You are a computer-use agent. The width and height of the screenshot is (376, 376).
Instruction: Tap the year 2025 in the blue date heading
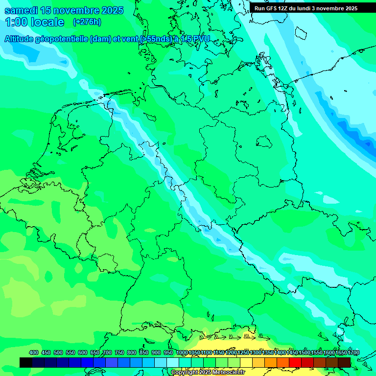(110, 11)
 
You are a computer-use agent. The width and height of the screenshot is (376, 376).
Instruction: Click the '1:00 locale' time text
(35, 22)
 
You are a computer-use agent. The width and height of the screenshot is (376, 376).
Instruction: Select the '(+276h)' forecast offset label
(87, 22)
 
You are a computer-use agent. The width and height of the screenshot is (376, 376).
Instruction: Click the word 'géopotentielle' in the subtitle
(61, 39)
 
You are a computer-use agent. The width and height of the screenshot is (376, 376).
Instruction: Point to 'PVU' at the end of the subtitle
(201, 39)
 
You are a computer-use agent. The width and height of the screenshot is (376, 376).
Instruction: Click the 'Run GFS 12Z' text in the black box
(271, 8)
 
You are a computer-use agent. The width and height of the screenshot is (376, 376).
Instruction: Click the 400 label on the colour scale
(34, 352)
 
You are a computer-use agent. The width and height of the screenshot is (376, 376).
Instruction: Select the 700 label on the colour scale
(107, 352)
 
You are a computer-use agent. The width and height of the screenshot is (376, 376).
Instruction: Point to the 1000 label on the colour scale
(181, 352)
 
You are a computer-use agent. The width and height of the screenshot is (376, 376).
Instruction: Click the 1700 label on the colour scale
(353, 352)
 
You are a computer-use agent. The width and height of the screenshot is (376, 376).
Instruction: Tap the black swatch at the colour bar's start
(26, 362)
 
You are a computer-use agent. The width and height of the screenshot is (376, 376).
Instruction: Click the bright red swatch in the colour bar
(295, 362)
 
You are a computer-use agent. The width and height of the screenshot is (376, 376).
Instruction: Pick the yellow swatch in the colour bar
(246, 362)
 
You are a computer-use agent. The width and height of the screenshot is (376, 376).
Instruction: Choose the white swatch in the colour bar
(173, 362)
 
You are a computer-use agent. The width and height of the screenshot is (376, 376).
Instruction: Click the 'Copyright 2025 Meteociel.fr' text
(208, 372)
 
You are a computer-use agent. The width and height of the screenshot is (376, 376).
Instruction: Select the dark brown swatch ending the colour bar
(344, 362)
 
